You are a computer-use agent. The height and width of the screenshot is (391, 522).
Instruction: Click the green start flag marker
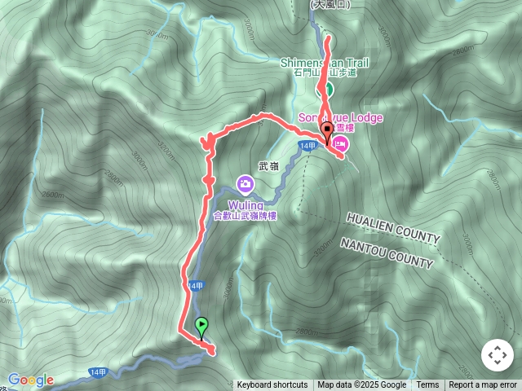[201, 326]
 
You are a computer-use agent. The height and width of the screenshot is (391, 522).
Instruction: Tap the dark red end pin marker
[328, 130]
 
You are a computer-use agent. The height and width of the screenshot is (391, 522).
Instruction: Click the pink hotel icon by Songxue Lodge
[340, 144]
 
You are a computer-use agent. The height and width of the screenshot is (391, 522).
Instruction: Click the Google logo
[31, 380]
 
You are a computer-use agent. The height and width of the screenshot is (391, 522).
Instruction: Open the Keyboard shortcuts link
[272, 385]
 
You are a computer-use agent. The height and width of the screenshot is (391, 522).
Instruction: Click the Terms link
[427, 385]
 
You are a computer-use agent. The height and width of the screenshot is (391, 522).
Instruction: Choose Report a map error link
[483, 385]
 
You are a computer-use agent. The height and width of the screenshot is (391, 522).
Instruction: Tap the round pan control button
[497, 355]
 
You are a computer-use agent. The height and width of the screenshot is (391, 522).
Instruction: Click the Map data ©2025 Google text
[362, 385]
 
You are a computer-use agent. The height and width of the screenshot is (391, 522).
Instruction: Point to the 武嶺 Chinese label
[268, 165]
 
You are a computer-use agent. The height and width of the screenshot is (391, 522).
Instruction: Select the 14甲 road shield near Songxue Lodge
[307, 146]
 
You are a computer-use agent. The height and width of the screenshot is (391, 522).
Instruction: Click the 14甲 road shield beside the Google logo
[98, 372]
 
